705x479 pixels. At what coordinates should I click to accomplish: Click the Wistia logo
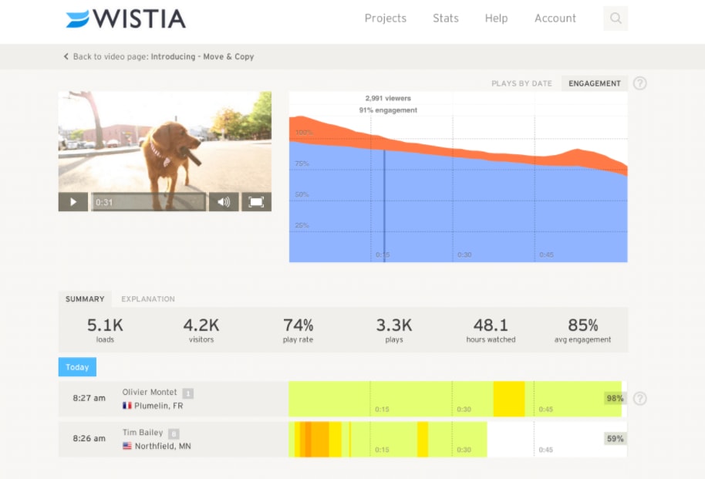pyautogui.click(x=126, y=19)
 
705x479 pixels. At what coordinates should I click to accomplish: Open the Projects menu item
pyautogui.click(x=385, y=19)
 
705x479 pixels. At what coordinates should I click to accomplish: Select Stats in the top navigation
pyautogui.click(x=446, y=19)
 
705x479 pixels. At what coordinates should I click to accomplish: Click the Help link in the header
pyautogui.click(x=496, y=19)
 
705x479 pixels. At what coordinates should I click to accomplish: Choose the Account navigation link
pyautogui.click(x=555, y=19)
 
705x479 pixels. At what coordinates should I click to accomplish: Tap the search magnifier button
pyautogui.click(x=616, y=19)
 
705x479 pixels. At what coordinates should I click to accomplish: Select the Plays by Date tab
pyautogui.click(x=521, y=83)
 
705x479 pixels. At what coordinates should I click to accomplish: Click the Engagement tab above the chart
pyautogui.click(x=595, y=83)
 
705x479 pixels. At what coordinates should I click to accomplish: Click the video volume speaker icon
pyautogui.click(x=224, y=202)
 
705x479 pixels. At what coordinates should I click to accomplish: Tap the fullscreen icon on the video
pyautogui.click(x=256, y=202)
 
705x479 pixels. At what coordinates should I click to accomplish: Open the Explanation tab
pyautogui.click(x=148, y=299)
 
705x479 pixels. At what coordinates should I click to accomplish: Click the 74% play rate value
pyautogui.click(x=298, y=326)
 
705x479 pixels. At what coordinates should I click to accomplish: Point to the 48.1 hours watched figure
pyautogui.click(x=491, y=326)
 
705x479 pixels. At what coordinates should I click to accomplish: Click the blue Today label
pyautogui.click(x=77, y=367)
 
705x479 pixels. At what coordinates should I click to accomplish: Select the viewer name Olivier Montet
pyautogui.click(x=150, y=393)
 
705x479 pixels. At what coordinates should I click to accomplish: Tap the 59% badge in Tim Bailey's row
pyautogui.click(x=615, y=439)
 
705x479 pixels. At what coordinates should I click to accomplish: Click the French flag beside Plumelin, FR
pyautogui.click(x=127, y=406)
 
